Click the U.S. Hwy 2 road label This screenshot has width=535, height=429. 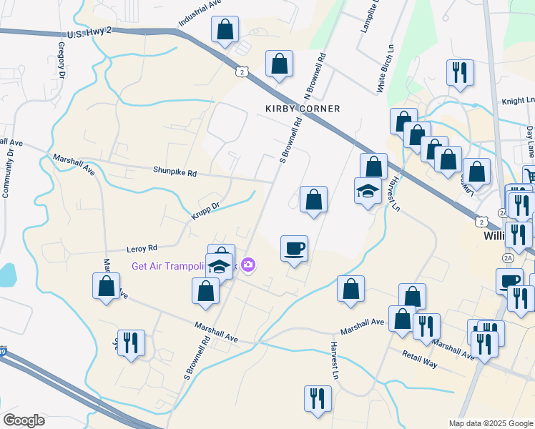pyautogui.click(x=89, y=34)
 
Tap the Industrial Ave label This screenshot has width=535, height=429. pyautogui.click(x=200, y=13)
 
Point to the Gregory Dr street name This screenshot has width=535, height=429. pyautogui.click(x=62, y=59)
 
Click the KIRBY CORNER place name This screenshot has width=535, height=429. pyautogui.click(x=303, y=109)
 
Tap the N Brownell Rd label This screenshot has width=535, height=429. pyautogui.click(x=317, y=76)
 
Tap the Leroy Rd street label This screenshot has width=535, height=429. pyautogui.click(x=142, y=249)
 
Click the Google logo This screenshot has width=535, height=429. pyautogui.click(x=24, y=420)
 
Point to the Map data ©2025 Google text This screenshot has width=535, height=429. pyautogui.click(x=491, y=423)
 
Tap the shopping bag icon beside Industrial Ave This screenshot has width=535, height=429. pyautogui.click(x=225, y=30)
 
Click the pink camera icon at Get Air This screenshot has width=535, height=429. pyautogui.click(x=247, y=265)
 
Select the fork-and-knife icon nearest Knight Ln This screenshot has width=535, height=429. pyautogui.click(x=458, y=73)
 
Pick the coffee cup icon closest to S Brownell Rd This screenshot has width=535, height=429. pyautogui.click(x=294, y=249)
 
